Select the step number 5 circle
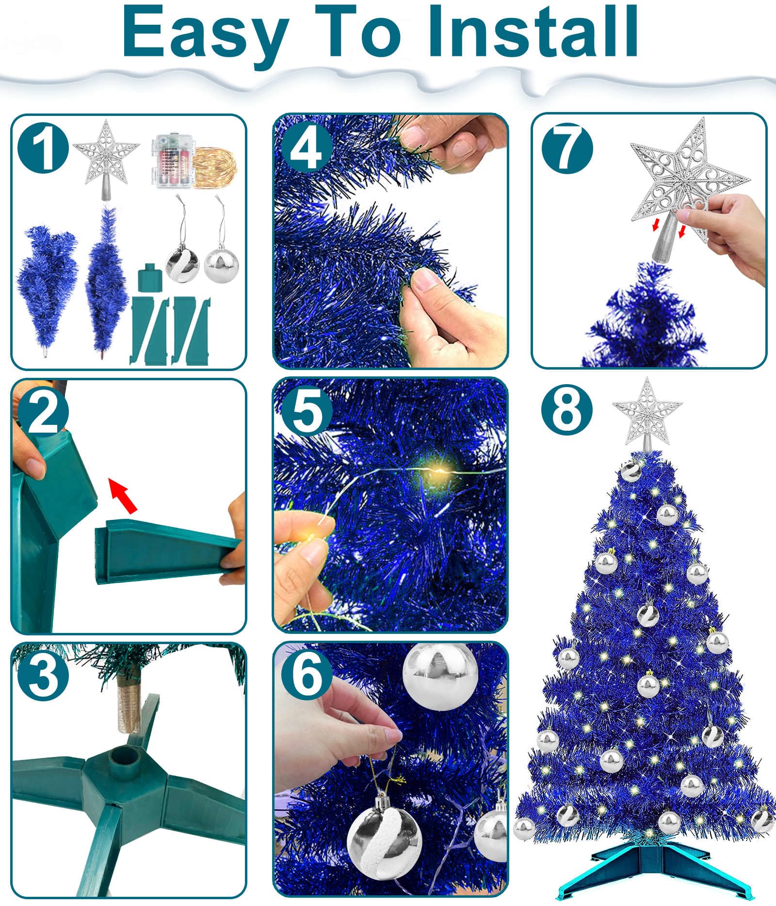point(307,410)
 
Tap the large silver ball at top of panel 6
point(440,675)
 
